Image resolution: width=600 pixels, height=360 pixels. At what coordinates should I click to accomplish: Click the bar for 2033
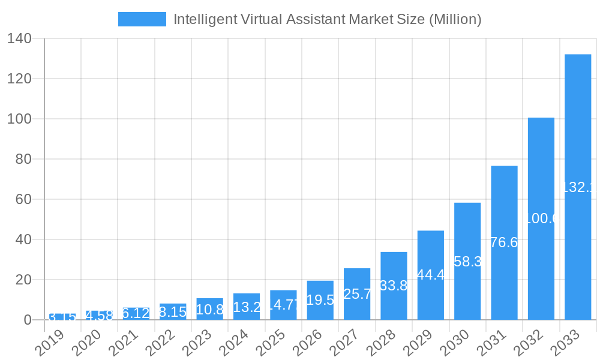click(578, 187)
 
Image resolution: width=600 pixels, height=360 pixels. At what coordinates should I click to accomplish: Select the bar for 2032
click(541, 218)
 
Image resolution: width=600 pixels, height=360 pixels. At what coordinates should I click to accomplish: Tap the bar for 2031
click(504, 242)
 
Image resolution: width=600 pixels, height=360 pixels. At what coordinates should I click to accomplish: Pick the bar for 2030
click(467, 261)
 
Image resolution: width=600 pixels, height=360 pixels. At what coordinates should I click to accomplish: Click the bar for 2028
click(394, 286)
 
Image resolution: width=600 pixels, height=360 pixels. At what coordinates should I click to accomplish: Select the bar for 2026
click(320, 300)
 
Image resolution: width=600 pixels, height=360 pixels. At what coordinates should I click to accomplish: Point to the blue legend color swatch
click(142, 19)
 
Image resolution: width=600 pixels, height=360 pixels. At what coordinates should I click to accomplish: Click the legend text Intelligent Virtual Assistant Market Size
click(327, 19)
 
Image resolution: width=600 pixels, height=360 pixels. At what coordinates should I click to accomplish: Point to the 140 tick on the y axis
click(19, 38)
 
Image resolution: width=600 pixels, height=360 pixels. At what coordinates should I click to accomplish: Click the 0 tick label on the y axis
click(28, 320)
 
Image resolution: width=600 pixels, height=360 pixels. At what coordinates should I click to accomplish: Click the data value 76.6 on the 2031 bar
click(504, 242)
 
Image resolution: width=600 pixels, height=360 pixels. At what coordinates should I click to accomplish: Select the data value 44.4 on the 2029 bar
click(431, 275)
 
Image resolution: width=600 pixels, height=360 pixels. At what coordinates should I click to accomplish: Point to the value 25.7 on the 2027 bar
click(357, 294)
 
